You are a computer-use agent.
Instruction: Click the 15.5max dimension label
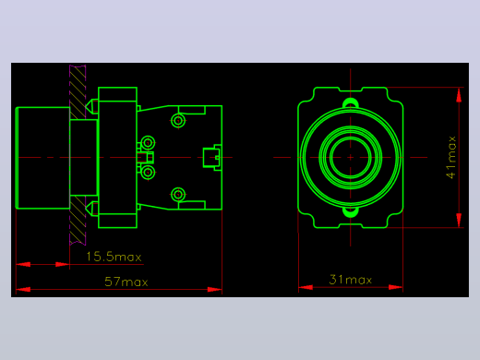click(114, 257)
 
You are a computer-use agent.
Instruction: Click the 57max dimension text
click(126, 282)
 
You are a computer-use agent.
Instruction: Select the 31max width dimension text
click(351, 280)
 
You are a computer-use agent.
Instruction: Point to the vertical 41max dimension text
click(451, 157)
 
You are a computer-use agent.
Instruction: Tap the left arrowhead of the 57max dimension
click(23, 289)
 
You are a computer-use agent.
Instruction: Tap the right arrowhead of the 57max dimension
click(215, 289)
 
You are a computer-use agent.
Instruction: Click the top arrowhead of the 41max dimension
click(459, 94)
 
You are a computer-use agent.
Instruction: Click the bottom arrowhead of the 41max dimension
click(459, 221)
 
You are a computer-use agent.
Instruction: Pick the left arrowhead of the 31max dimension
click(306, 287)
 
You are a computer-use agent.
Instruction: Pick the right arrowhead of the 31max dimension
click(396, 287)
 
